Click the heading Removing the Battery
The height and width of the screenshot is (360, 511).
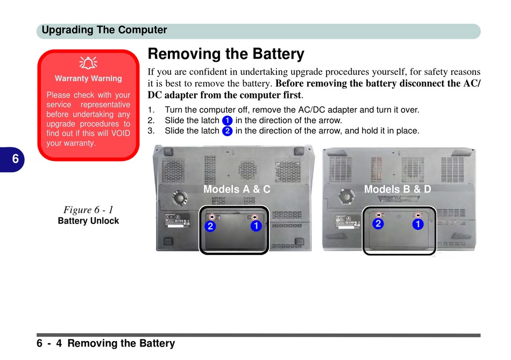226,54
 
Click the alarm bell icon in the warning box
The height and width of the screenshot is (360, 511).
88,63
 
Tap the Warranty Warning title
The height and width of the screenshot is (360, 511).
88,79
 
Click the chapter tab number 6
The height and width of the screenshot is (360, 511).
15,159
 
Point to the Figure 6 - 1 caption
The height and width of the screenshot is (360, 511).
88,209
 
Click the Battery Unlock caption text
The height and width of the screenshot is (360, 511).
88,221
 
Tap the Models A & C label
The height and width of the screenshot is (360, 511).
237,189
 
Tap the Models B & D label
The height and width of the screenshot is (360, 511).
398,189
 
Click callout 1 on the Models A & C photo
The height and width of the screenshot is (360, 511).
256,226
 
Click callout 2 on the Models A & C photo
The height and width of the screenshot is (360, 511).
210,227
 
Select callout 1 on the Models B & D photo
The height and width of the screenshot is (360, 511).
417,224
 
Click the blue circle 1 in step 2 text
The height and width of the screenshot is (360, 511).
227,121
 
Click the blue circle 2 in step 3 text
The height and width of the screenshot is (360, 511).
227,131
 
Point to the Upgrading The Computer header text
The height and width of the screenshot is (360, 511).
104,30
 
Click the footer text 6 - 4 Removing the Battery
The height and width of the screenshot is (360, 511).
106,343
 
